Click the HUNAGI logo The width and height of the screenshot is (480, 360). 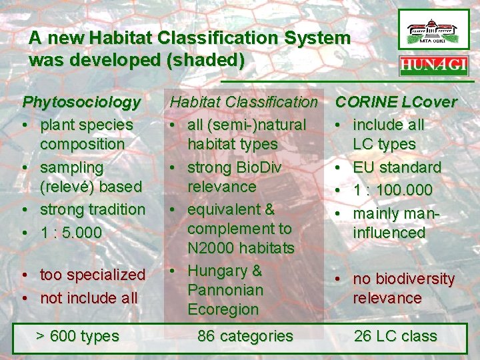[433, 67]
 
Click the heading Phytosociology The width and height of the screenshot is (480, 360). [82, 103]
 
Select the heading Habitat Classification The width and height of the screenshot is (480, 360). [244, 103]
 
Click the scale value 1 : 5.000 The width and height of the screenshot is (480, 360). [71, 233]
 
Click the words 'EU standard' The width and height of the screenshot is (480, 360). [397, 167]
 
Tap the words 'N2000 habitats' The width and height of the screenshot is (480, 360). [241, 249]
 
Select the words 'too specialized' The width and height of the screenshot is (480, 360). [93, 275]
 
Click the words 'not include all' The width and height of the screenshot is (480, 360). [89, 298]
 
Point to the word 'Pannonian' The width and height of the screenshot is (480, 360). [225, 291]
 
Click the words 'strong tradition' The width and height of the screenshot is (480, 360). [93, 209]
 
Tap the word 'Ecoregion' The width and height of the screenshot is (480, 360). [223, 310]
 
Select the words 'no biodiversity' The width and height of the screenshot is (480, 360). [403, 279]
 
